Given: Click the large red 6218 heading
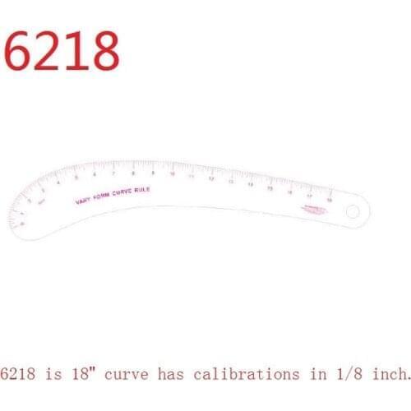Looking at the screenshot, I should [62, 51].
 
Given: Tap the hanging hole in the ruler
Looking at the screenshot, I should [353, 212].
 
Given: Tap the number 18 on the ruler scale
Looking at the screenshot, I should [330, 198].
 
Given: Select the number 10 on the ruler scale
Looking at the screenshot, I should [172, 173].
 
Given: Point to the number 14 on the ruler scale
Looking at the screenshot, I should [251, 182].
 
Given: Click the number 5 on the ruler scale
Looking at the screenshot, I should [76, 178].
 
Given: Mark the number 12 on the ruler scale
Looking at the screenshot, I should [211, 177].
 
